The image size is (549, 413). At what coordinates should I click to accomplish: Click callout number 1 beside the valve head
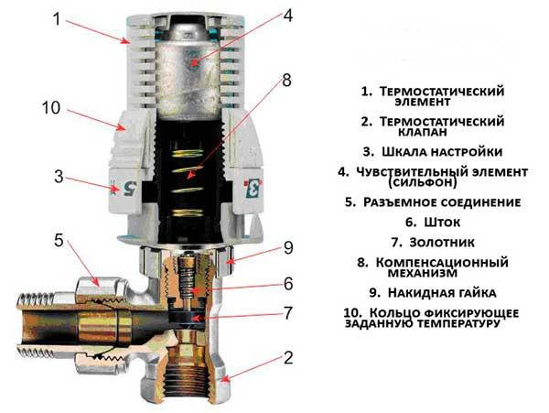tap(58, 18)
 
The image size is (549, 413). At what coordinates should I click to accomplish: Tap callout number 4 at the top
tap(287, 15)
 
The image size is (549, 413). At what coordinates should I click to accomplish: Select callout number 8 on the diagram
tap(286, 81)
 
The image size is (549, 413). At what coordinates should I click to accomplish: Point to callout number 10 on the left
tap(51, 107)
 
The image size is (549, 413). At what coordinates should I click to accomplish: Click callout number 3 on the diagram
tap(59, 176)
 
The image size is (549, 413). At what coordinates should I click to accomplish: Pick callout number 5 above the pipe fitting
tap(59, 240)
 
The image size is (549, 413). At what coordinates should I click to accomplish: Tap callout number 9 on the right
tap(288, 247)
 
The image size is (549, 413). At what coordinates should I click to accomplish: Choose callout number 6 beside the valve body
tap(288, 283)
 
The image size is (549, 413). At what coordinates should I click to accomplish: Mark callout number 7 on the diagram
tap(288, 313)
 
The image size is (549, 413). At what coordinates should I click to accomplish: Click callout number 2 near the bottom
tap(288, 358)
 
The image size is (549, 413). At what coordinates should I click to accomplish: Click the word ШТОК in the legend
tap(442, 223)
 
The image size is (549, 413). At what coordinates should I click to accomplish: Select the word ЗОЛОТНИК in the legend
tap(442, 242)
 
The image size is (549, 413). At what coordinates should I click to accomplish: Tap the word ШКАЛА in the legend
tap(404, 152)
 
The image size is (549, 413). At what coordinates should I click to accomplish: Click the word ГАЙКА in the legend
tap(475, 293)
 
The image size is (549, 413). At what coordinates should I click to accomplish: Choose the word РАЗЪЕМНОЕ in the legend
tap(399, 202)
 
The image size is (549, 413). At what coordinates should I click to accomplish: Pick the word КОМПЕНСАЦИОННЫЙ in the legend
tap(442, 262)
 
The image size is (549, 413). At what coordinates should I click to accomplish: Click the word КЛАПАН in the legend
tap(423, 132)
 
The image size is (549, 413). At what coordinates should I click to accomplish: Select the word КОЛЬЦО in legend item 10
tap(394, 312)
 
